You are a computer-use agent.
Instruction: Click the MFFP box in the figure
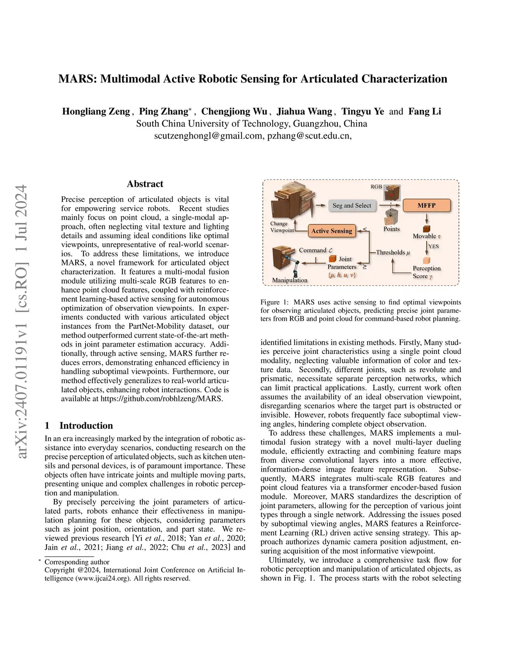point(426,205)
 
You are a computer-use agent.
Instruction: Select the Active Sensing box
point(332,231)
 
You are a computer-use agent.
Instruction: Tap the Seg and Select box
point(351,205)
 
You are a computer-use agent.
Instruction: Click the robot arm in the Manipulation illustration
point(293,267)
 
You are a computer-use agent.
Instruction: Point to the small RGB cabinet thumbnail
point(392,193)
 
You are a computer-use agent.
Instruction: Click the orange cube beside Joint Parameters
point(333,259)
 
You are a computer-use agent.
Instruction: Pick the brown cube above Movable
point(426,229)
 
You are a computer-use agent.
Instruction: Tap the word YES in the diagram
point(433,246)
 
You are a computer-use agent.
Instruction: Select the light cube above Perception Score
point(426,260)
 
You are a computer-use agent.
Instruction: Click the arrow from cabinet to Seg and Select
point(322,205)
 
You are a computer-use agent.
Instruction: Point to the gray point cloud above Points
point(391,216)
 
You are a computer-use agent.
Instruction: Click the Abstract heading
point(145,184)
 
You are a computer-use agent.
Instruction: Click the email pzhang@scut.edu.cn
point(308,136)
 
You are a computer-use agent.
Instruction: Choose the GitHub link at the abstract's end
point(162,398)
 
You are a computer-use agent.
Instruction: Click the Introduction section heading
point(86,426)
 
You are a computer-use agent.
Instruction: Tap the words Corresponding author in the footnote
point(77,562)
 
